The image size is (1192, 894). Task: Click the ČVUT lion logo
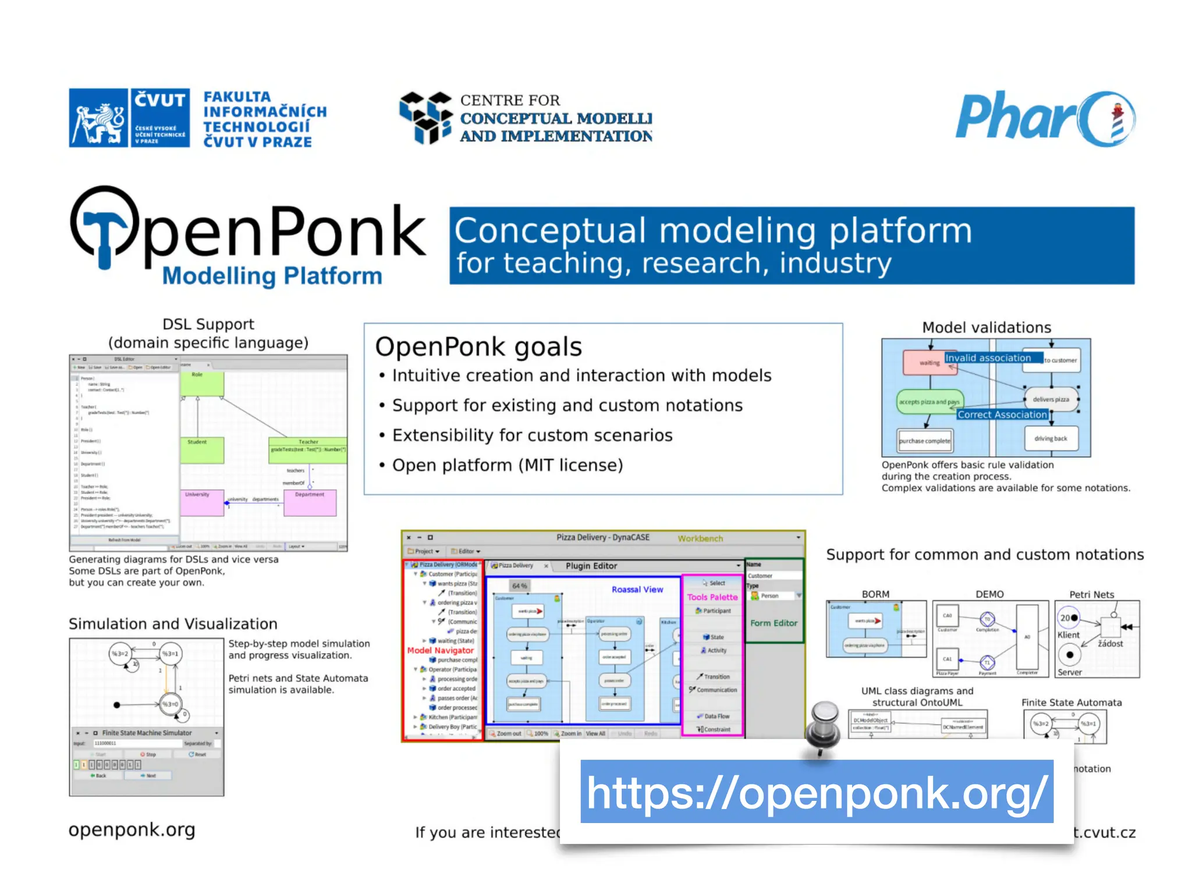pos(98,118)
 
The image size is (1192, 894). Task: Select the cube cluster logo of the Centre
pos(426,117)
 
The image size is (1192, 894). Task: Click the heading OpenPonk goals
pos(478,347)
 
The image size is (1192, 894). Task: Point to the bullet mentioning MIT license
pos(507,465)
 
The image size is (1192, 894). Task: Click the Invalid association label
pos(988,358)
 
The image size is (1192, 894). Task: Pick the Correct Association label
pos(1002,414)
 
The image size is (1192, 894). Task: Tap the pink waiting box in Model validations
pos(929,363)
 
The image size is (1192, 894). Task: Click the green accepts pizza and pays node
pos(929,402)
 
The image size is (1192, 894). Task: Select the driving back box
pos(1051,438)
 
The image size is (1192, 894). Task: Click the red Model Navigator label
pos(441,650)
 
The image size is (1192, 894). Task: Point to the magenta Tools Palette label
pos(712,597)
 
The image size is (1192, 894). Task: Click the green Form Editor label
pos(774,623)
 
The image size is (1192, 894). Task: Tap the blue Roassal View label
pos(637,590)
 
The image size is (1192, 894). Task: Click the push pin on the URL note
pos(823,725)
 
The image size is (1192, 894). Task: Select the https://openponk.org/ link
pos(817,792)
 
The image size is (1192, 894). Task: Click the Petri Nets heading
pos(1091,594)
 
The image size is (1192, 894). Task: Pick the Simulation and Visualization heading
pos(173,624)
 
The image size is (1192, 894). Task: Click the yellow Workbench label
pos(700,538)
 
